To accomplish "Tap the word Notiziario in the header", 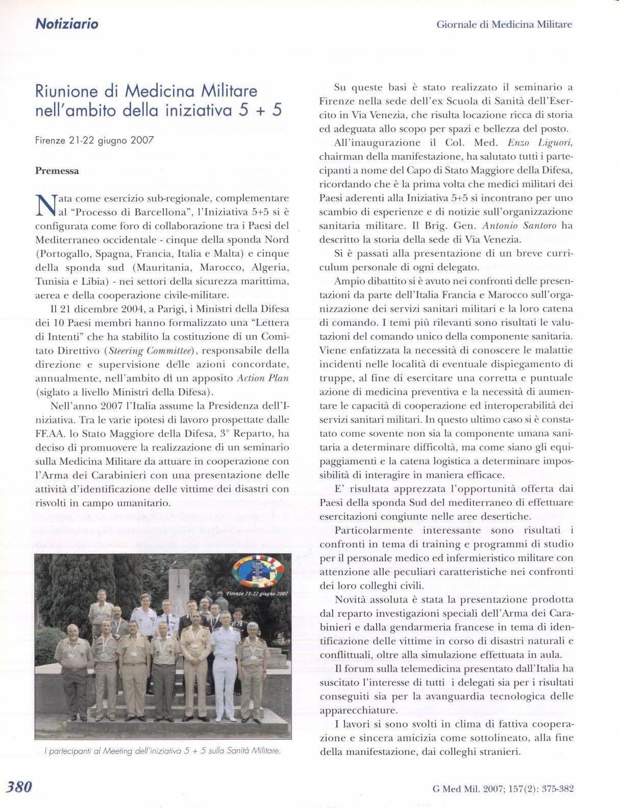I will click(x=66, y=23).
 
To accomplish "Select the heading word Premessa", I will click(x=57, y=171).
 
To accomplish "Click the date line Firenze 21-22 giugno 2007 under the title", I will click(x=94, y=141).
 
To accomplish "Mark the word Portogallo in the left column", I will click(x=62, y=254).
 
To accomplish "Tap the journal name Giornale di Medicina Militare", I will click(x=504, y=24).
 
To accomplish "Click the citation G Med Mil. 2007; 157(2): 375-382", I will click(x=503, y=788).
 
